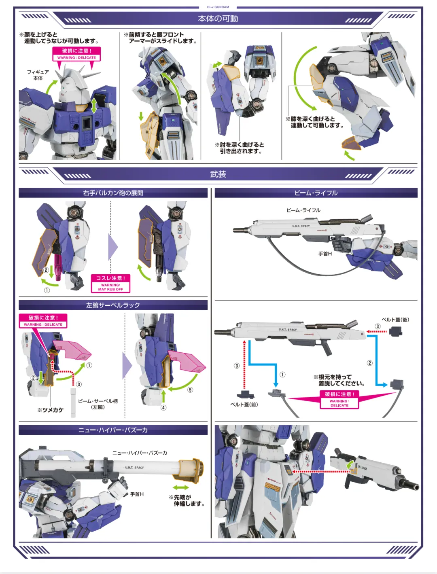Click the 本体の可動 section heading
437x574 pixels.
click(218, 19)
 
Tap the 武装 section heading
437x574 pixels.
click(218, 174)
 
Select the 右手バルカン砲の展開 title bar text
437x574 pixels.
click(113, 193)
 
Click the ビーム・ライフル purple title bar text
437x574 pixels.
click(316, 193)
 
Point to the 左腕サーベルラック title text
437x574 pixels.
click(113, 305)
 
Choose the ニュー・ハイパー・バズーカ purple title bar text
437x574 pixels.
click(113, 430)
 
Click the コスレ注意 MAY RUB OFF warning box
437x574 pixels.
click(110, 283)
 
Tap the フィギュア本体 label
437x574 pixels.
click(38, 75)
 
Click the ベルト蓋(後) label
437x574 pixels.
click(395, 320)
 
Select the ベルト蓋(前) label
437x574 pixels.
click(244, 405)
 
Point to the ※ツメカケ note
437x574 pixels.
click(51, 410)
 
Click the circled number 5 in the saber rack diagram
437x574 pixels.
click(190, 390)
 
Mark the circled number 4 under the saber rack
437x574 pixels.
click(163, 407)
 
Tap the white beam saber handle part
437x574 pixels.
click(73, 403)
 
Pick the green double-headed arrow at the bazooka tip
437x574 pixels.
click(180, 487)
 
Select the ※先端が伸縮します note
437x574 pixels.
click(187, 500)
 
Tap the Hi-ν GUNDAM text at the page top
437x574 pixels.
click(218, 7)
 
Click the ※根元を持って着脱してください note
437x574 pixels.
click(339, 380)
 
